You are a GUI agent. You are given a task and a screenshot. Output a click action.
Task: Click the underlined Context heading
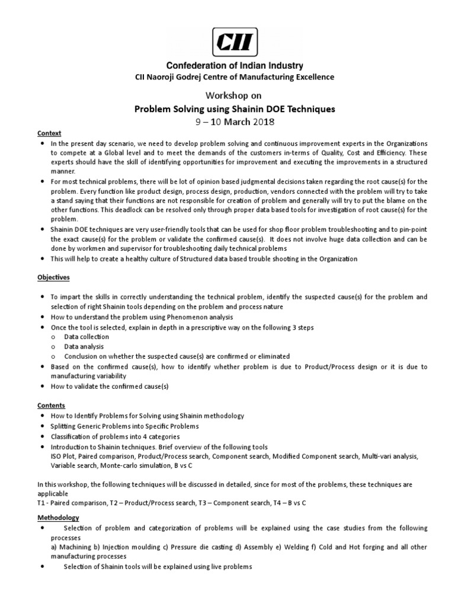[49, 133]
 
